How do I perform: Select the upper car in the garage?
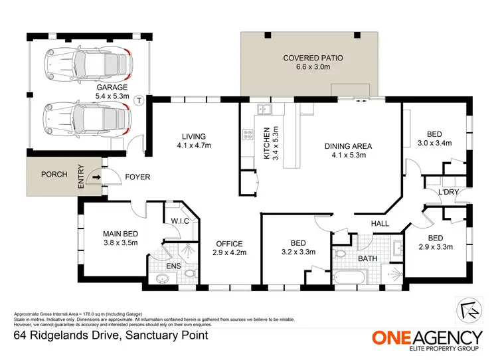tap(87, 62)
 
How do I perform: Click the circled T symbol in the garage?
tap(138, 101)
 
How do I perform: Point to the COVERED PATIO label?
tap(313, 58)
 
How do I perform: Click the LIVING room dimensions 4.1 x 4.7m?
tap(193, 145)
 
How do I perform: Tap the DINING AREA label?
tap(348, 145)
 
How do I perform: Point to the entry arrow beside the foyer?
tap(96, 177)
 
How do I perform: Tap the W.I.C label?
tap(181, 221)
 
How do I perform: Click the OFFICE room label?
tap(227, 243)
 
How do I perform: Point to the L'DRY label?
tap(448, 193)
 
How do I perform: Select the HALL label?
tap(379, 224)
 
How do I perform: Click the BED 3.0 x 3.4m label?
tap(434, 137)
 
